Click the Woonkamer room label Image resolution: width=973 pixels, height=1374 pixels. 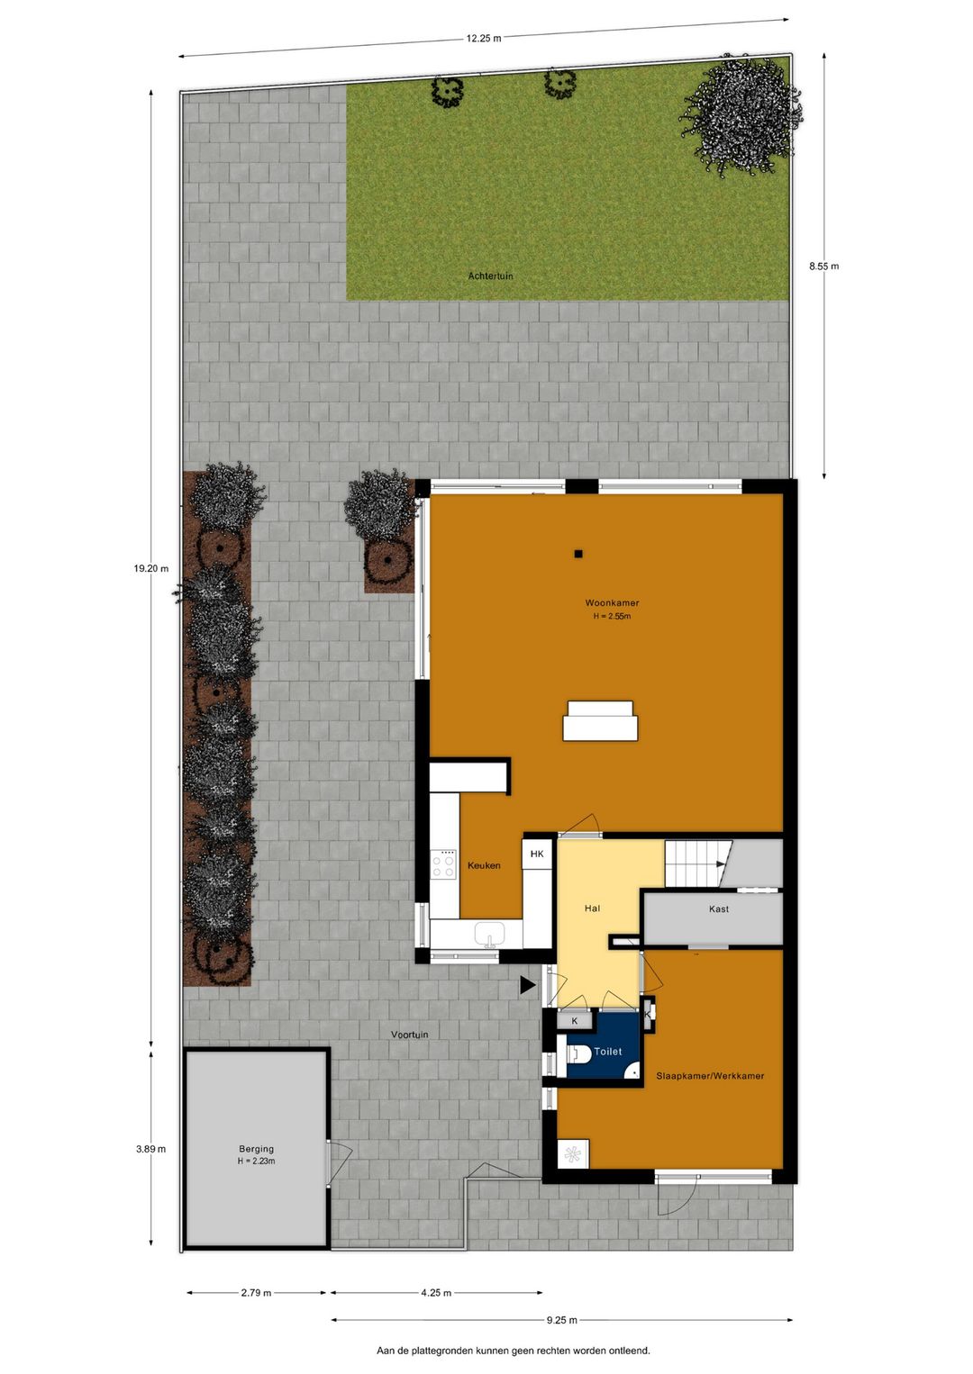612,603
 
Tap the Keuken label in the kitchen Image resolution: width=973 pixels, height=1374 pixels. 484,865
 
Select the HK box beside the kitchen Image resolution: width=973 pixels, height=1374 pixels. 537,854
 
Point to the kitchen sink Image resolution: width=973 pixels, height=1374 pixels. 489,935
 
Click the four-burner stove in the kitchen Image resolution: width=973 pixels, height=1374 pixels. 443,864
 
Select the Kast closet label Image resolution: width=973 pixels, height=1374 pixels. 719,909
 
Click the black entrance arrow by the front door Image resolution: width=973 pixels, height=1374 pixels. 527,986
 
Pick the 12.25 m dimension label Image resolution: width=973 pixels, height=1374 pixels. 484,39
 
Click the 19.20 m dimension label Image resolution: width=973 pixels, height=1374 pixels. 151,568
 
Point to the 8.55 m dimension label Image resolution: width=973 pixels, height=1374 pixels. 823,266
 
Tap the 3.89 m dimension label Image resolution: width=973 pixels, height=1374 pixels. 150,1149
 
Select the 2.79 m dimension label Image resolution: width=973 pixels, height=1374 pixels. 256,1293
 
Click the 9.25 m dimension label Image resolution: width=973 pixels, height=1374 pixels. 561,1320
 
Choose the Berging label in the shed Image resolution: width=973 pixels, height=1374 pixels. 256,1149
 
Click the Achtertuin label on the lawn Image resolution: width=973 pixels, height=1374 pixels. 490,276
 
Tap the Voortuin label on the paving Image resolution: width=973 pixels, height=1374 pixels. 410,1035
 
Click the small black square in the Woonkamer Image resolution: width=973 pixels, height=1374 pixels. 578,554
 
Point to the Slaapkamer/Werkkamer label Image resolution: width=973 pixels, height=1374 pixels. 710,1076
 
